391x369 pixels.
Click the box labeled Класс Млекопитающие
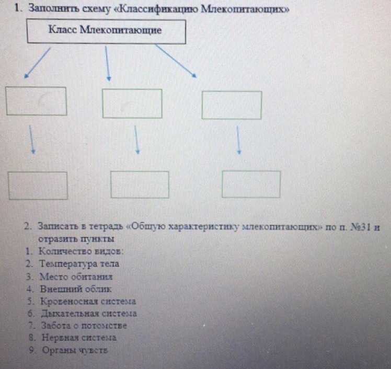pyautogui.click(x=106, y=31)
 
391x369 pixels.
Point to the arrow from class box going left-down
pyautogui.click(x=38, y=63)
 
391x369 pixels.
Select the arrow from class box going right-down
pyautogui.click(x=176, y=61)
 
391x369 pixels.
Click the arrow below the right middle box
pyautogui.click(x=238, y=140)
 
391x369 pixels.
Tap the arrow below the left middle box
pyautogui.click(x=31, y=140)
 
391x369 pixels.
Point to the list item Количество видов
pyautogui.click(x=81, y=251)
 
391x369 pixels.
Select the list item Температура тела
pyautogui.click(x=79, y=264)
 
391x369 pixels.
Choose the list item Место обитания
pyautogui.click(x=76, y=276)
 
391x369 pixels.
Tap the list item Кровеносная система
pyautogui.click(x=88, y=301)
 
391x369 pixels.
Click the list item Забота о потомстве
pyautogui.click(x=84, y=326)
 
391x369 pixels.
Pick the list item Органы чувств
pyautogui.click(x=75, y=350)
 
